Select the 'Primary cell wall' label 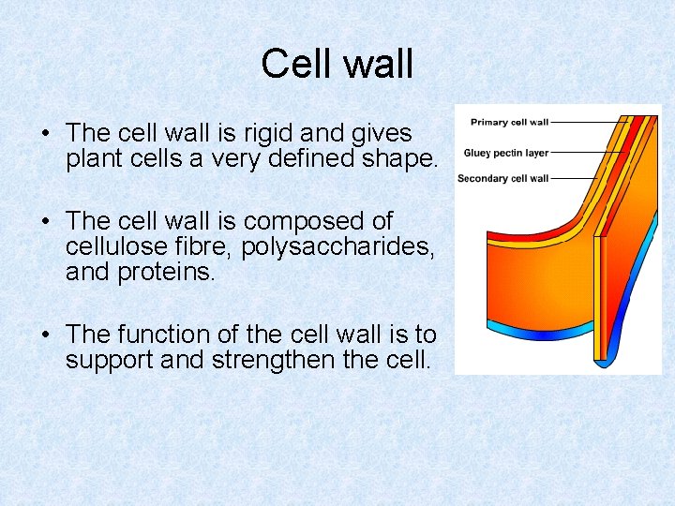pos(509,122)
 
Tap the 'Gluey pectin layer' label pos(505,153)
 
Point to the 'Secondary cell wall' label pos(502,178)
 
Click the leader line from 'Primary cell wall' pos(586,122)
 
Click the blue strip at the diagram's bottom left pos(525,329)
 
